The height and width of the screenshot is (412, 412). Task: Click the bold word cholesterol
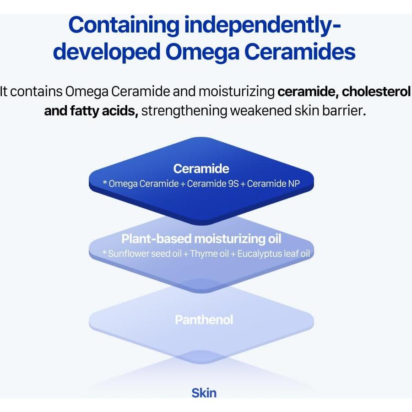click(x=376, y=91)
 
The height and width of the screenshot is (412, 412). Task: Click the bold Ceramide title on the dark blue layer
click(x=201, y=168)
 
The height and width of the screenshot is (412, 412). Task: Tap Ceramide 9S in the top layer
click(x=213, y=184)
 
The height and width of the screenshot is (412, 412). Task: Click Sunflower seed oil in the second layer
click(x=145, y=254)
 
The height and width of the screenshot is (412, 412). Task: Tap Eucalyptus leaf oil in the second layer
click(x=274, y=254)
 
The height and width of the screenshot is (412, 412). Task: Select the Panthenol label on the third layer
click(x=204, y=320)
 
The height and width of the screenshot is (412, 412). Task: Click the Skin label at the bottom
click(x=204, y=392)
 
